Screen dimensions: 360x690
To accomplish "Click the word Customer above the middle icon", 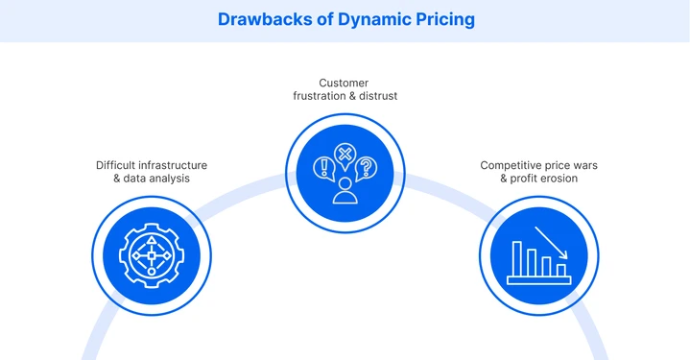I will tap(344, 84).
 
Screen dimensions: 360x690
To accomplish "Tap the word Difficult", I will tap(113, 165).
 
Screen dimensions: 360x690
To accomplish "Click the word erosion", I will tap(574, 179).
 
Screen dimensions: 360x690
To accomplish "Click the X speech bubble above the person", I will tap(344, 156).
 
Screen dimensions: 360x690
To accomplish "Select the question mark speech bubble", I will tap(366, 169).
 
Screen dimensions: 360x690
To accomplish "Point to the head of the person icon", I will tap(344, 181).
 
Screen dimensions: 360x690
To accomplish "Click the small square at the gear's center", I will tap(151, 256).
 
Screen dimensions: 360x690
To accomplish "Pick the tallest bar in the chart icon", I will tap(517, 257).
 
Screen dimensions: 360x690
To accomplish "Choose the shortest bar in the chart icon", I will tap(561, 270).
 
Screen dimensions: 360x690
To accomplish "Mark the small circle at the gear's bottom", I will tap(151, 273).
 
